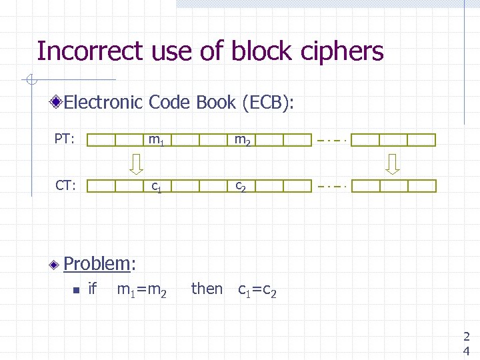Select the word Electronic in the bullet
coord(103,103)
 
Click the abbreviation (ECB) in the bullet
coord(269,103)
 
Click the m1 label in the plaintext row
coord(157,141)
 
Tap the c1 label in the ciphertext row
coord(157,187)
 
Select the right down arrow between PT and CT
coord(393,163)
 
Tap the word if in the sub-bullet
coord(93,289)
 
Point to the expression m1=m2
coord(141,289)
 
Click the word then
coord(207,289)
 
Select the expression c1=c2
coord(262,289)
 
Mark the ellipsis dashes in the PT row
coord(331,141)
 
